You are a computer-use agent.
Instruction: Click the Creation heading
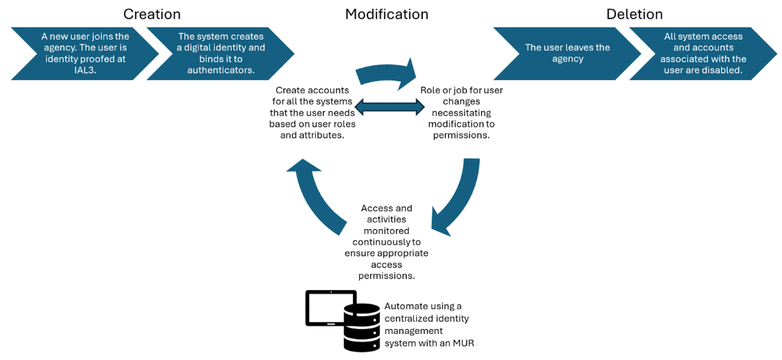(x=151, y=14)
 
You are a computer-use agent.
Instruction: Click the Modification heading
(x=387, y=14)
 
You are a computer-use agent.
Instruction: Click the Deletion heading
(x=634, y=14)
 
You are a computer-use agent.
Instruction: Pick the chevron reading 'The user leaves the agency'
(x=567, y=53)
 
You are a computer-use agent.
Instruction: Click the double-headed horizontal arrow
(x=390, y=106)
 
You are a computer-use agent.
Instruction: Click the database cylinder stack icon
(x=361, y=327)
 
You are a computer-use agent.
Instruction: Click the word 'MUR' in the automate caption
(x=463, y=343)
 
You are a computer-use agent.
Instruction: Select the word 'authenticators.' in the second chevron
(x=221, y=70)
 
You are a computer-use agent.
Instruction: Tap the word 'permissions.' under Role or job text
(x=461, y=135)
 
